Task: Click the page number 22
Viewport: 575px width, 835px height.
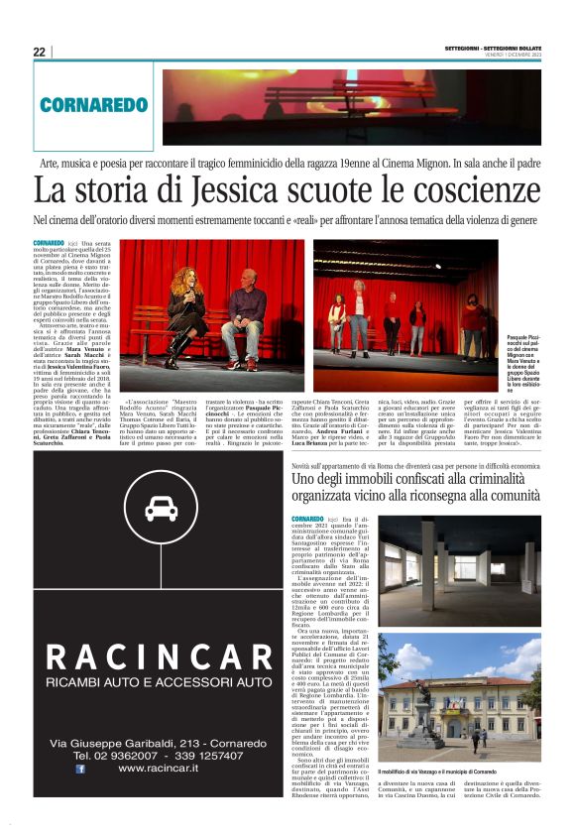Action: pos(39,52)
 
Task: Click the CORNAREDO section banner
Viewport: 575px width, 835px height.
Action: pos(94,104)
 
